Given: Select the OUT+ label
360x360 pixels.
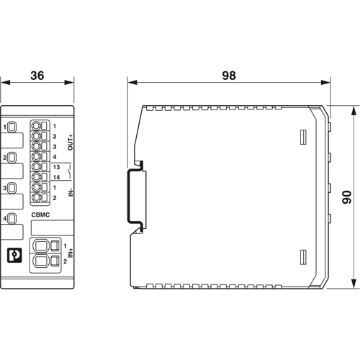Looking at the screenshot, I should [70, 141].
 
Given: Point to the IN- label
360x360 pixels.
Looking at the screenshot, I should [70, 192].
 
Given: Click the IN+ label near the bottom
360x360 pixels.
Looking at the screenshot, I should [70, 251].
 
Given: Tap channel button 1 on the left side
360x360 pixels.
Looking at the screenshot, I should [12, 127].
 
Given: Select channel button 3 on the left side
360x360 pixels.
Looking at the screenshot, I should [12, 189].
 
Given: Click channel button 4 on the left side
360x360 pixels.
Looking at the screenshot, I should [12, 219].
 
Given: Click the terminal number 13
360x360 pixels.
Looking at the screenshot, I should [55, 166].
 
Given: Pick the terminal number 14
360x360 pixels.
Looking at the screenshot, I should [55, 176].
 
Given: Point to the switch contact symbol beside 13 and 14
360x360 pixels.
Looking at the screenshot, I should [68, 171].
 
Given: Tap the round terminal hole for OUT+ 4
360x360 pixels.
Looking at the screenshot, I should [37, 156].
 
